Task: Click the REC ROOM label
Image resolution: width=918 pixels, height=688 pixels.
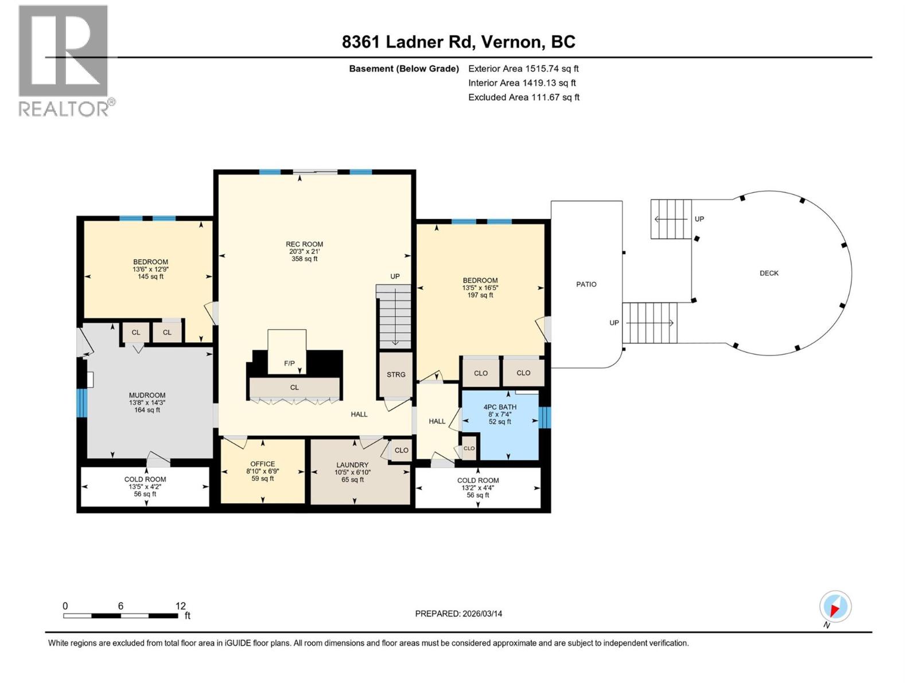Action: tap(305, 244)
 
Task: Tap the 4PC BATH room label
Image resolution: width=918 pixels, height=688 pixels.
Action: tap(500, 407)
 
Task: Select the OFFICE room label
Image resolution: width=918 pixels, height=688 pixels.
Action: tap(263, 464)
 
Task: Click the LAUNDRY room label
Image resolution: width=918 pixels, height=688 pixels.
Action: tap(352, 465)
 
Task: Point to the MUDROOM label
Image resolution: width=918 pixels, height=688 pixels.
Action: tap(147, 395)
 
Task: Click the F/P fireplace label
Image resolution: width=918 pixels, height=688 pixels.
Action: tap(289, 363)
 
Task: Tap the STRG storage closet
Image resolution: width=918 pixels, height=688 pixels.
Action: tap(396, 374)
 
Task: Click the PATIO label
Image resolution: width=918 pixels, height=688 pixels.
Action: tap(586, 284)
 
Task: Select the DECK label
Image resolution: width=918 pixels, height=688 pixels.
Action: tap(769, 273)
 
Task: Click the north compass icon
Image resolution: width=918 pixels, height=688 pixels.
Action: tap(835, 607)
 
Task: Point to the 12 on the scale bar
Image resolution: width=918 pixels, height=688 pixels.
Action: tap(181, 606)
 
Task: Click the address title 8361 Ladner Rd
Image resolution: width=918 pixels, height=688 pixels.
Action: tap(458, 42)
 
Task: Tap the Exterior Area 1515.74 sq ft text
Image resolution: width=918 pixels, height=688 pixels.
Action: tap(523, 68)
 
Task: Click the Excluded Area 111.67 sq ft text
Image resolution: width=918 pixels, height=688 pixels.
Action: tap(523, 97)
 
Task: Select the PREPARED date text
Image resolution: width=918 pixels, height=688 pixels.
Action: tap(458, 613)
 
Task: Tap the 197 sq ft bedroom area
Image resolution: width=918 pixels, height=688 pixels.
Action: tap(480, 295)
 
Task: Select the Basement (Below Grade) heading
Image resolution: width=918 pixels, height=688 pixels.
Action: tap(404, 69)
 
